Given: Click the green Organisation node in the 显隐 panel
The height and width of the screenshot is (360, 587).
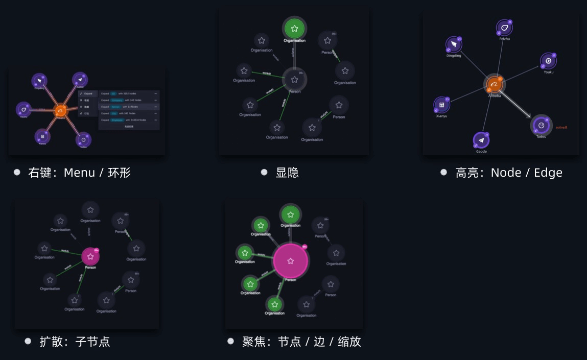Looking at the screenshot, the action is [294, 29].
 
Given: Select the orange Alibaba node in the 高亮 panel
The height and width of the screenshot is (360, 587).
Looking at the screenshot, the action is [494, 85].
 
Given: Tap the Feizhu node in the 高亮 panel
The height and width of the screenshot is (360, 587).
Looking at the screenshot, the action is [504, 28].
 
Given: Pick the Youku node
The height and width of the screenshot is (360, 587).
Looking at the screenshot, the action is [548, 61].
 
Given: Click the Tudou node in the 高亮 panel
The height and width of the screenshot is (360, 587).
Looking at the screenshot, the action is [541, 125].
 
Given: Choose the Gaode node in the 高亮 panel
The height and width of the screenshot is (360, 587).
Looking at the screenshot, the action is [481, 140].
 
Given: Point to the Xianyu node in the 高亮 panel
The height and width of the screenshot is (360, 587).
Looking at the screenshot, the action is [442, 105].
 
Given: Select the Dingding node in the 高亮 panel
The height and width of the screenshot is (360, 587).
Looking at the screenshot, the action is [453, 44].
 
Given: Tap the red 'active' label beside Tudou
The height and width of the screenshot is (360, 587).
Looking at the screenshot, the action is [561, 127].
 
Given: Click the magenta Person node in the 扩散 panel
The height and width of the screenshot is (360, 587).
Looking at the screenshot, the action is [90, 256].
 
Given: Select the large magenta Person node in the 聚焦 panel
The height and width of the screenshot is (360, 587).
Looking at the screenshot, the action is [290, 261].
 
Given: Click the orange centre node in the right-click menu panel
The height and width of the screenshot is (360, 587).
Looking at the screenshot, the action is [60, 110].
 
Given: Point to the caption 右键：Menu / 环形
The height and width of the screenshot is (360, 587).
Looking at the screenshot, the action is [79, 173].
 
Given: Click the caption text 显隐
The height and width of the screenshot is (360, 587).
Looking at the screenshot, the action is [287, 173].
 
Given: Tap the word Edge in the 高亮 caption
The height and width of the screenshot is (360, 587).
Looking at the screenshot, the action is [548, 173].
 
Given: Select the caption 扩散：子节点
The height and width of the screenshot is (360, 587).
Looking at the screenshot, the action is [75, 341].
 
